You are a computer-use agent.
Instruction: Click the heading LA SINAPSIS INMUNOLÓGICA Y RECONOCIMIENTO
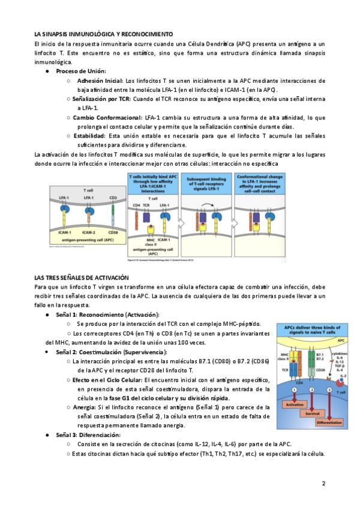(x=103, y=34)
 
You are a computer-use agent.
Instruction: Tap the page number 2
(x=323, y=483)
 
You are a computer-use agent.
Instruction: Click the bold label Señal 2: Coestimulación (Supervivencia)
(x=112, y=351)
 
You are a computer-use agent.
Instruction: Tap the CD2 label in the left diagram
(x=112, y=197)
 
